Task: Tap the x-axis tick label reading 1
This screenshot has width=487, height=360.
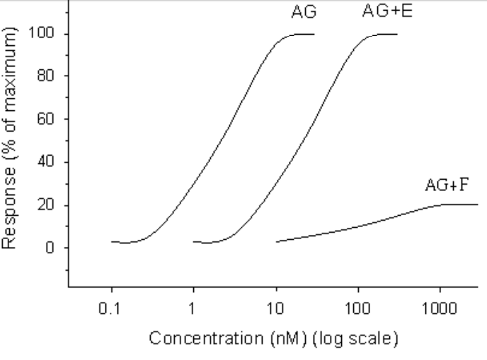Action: click(x=193, y=309)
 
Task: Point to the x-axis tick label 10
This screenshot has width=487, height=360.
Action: click(x=275, y=309)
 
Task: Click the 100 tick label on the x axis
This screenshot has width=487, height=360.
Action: click(x=358, y=309)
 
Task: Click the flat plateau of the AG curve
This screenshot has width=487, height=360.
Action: click(x=303, y=34)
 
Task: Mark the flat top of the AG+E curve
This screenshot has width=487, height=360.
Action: click(x=386, y=34)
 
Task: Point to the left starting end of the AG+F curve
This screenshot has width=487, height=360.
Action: click(x=277, y=241)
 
